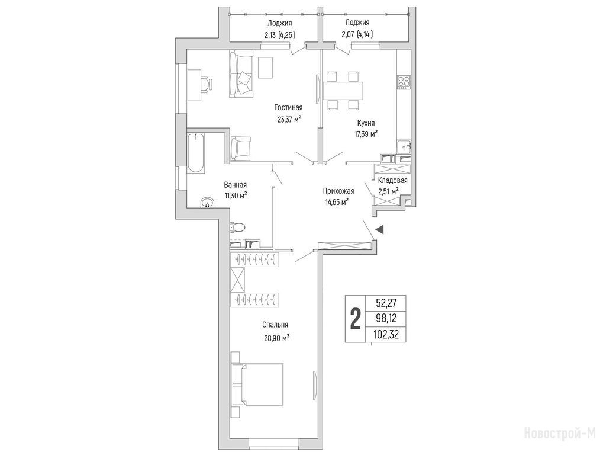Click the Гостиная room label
[288, 108]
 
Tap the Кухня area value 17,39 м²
[366, 134]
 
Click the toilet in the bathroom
[237, 227]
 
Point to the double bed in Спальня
[257, 384]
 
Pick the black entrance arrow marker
[379, 229]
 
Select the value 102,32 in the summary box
[386, 335]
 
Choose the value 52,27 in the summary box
[386, 303]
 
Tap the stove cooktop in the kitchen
[404, 82]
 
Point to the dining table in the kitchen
[343, 91]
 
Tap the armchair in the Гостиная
[241, 148]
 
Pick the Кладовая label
[393, 180]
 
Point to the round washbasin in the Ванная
[208, 203]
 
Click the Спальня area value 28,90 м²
[276, 338]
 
